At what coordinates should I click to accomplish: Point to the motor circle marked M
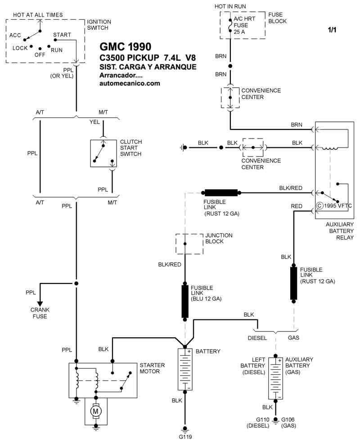coord(95,411)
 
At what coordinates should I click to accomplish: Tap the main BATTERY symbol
coord(185,370)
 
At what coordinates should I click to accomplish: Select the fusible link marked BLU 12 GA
coord(185,301)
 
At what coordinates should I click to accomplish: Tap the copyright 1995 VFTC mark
coord(333,206)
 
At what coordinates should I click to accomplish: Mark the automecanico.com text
coord(130,83)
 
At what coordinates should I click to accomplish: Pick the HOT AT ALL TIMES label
coord(38,15)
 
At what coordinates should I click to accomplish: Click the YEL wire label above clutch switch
coord(94,121)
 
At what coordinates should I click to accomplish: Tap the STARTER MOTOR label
coord(153,368)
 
